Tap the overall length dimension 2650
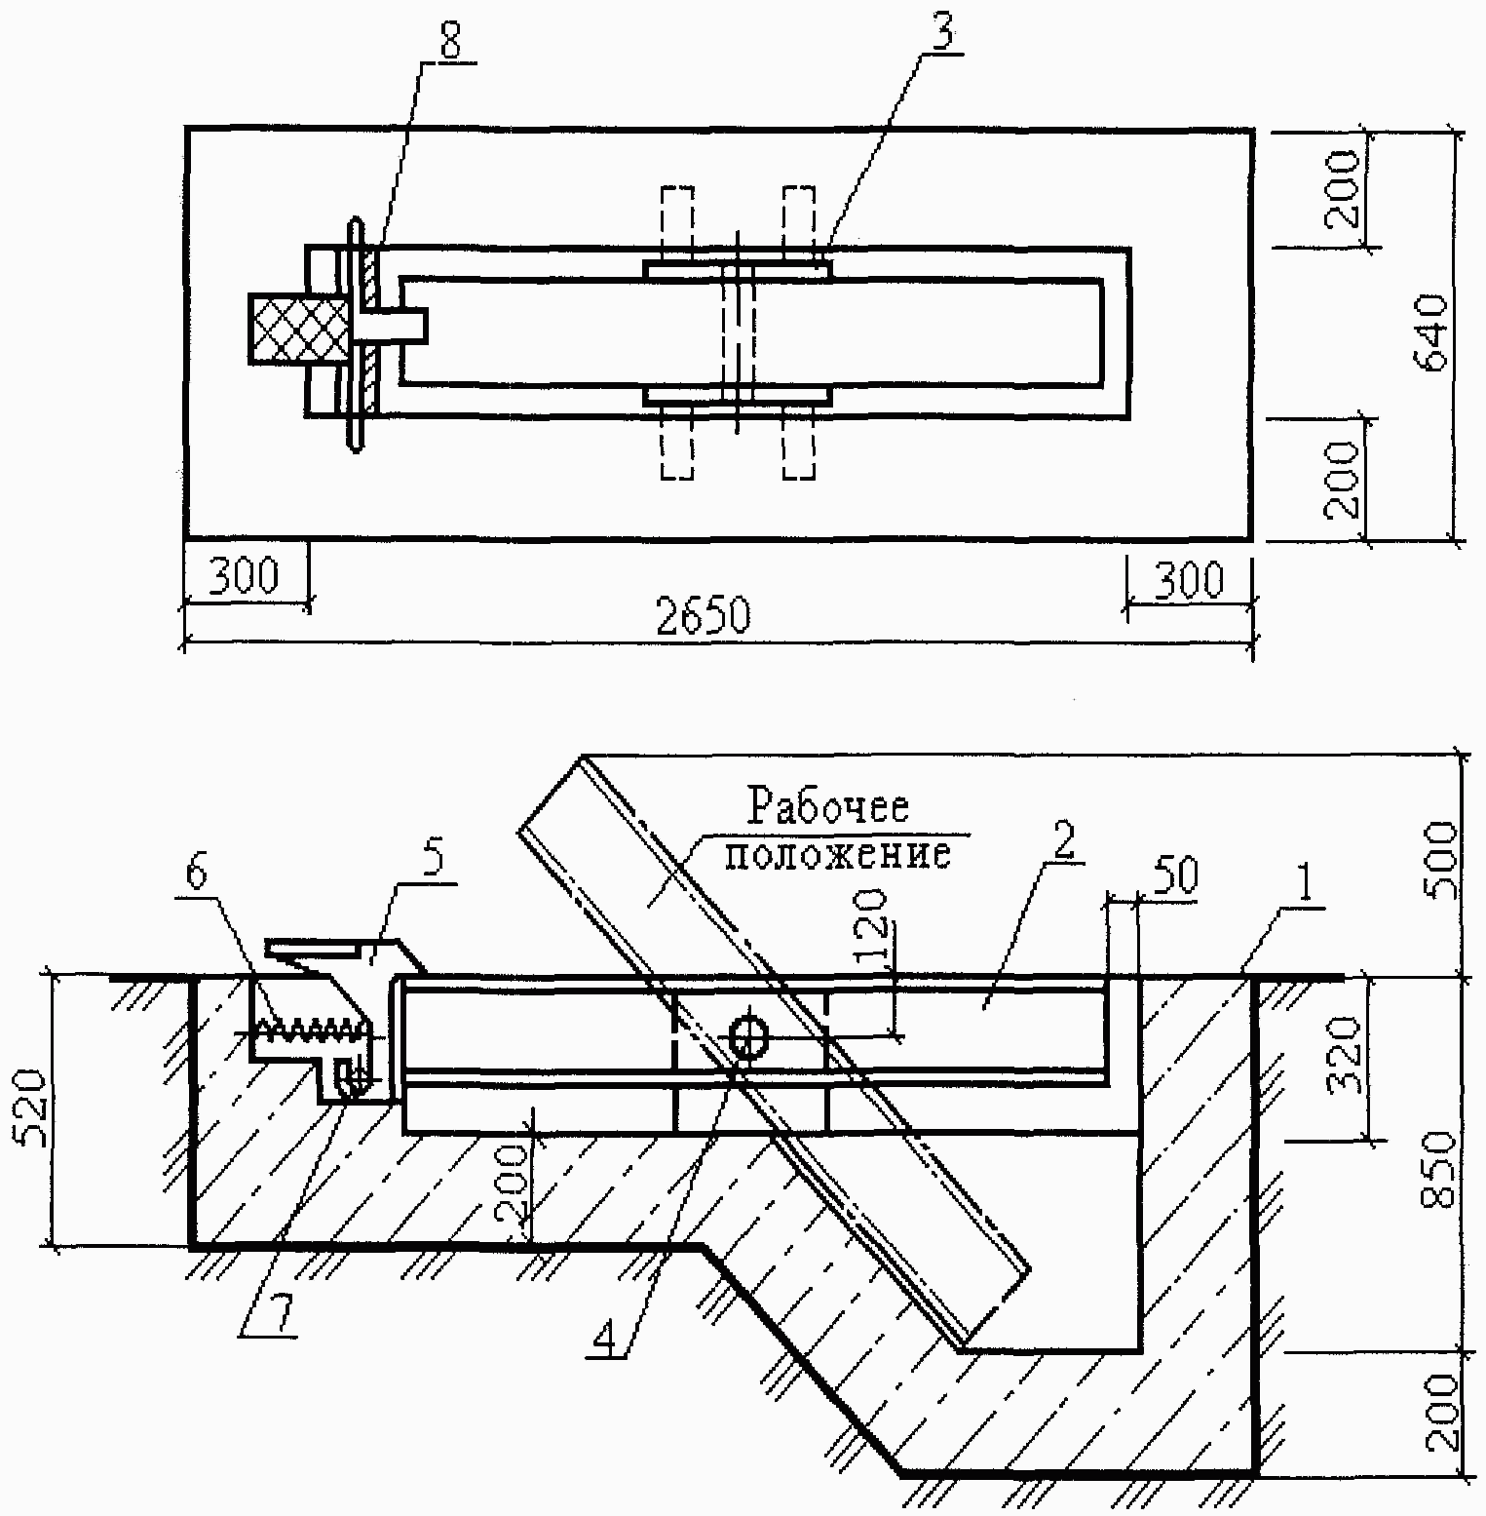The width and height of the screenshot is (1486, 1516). click(x=704, y=617)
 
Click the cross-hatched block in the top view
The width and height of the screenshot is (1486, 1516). click(x=299, y=330)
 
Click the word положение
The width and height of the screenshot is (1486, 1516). click(x=837, y=854)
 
